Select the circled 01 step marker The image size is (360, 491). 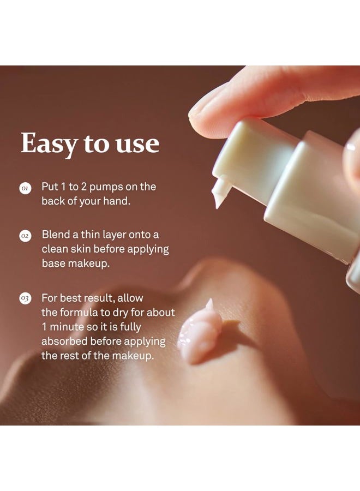[x=25, y=188]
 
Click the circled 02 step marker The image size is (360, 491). [x=25, y=236]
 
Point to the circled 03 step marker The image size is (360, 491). [x=25, y=298]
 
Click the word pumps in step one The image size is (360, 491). [x=106, y=187]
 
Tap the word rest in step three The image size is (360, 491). [x=69, y=356]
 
